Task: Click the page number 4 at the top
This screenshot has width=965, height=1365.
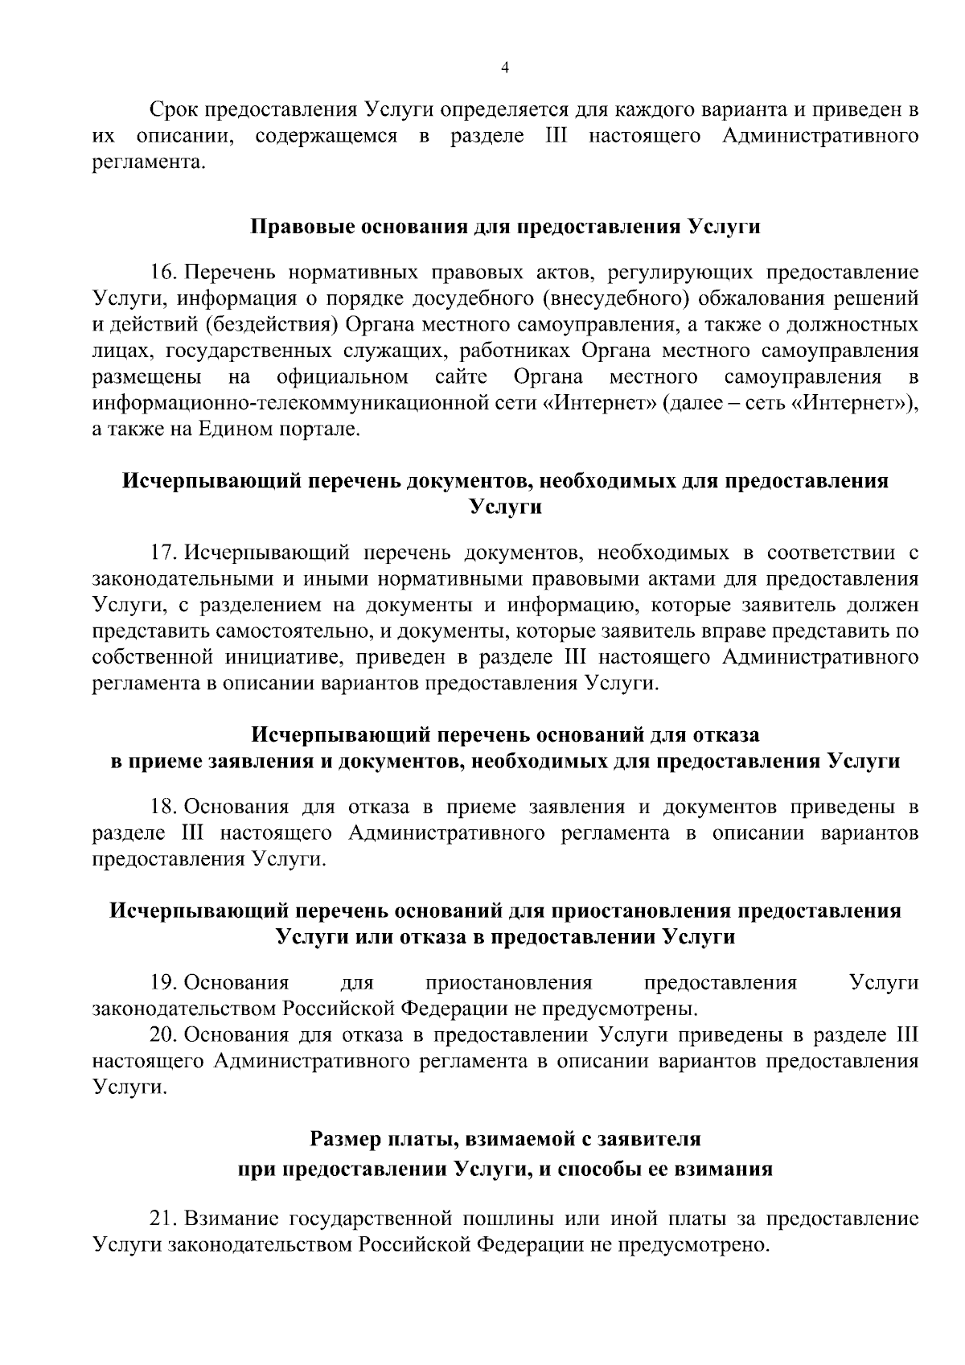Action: [x=504, y=68]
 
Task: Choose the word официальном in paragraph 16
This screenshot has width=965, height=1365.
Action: [x=342, y=377]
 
